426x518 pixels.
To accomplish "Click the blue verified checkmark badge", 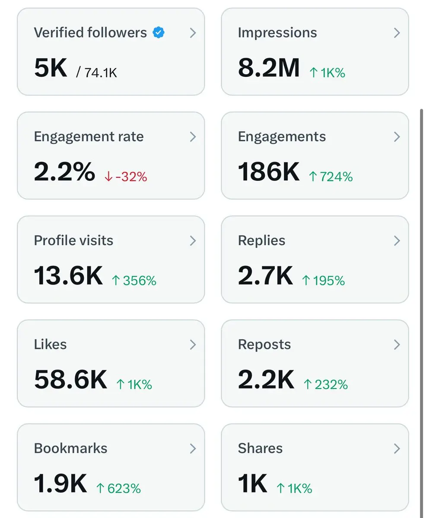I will click(x=159, y=32).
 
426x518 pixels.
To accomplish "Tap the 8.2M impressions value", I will click(x=268, y=68).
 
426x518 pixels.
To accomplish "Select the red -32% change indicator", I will click(x=126, y=177).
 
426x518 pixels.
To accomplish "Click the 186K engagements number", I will click(x=268, y=172).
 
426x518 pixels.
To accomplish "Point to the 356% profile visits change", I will click(x=134, y=281).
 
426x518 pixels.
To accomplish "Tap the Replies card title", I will click(x=261, y=240).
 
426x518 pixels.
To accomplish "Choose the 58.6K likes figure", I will click(x=70, y=380).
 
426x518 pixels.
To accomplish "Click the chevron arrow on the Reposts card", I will click(x=397, y=344).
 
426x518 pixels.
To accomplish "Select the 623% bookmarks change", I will click(x=118, y=488).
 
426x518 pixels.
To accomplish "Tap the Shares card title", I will click(x=260, y=448).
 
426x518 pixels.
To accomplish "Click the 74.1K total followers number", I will click(x=100, y=73).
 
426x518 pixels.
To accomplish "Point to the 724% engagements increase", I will click(x=331, y=177).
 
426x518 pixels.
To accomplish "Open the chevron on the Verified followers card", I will click(x=193, y=33).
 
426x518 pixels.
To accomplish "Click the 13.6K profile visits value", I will click(x=68, y=276).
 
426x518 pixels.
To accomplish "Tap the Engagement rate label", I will click(x=89, y=136).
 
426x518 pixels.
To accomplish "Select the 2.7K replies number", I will click(x=265, y=276).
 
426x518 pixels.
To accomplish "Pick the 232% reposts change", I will click(x=326, y=384).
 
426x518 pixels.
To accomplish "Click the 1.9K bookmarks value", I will click(x=60, y=484).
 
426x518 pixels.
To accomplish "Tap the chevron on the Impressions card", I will click(x=397, y=33).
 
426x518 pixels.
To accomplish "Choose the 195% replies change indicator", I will click(x=324, y=281).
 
